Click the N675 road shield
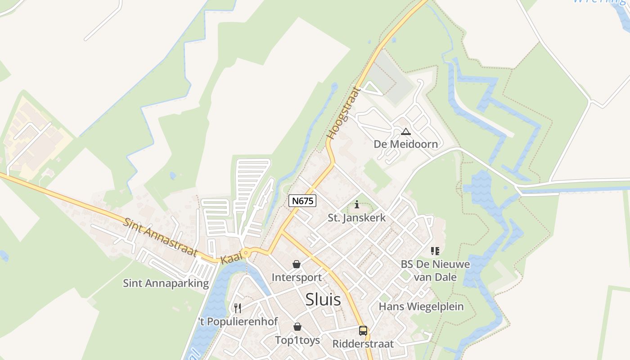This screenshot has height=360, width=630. point(302,201)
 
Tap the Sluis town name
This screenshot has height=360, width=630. point(323,300)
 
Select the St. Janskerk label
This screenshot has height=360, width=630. point(357,218)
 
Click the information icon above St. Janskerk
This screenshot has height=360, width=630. point(357,205)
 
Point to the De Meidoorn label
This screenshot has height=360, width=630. point(405,144)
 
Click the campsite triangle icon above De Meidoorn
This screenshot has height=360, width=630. point(406,132)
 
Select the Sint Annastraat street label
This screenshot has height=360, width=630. point(161,237)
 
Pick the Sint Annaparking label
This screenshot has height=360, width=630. point(166,283)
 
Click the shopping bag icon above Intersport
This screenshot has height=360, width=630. point(297,264)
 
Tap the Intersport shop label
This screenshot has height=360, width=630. point(297,278)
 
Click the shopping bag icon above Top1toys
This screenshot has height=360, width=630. point(297,327)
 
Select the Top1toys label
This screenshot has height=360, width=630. point(297,340)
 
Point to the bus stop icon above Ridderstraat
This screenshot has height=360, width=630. point(363,331)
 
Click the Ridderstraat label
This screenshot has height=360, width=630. point(363,344)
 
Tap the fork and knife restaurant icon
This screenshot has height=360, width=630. point(238,308)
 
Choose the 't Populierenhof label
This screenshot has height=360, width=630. point(238,322)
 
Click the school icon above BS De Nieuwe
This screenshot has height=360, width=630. point(435,251)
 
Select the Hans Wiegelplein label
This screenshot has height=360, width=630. point(421,307)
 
